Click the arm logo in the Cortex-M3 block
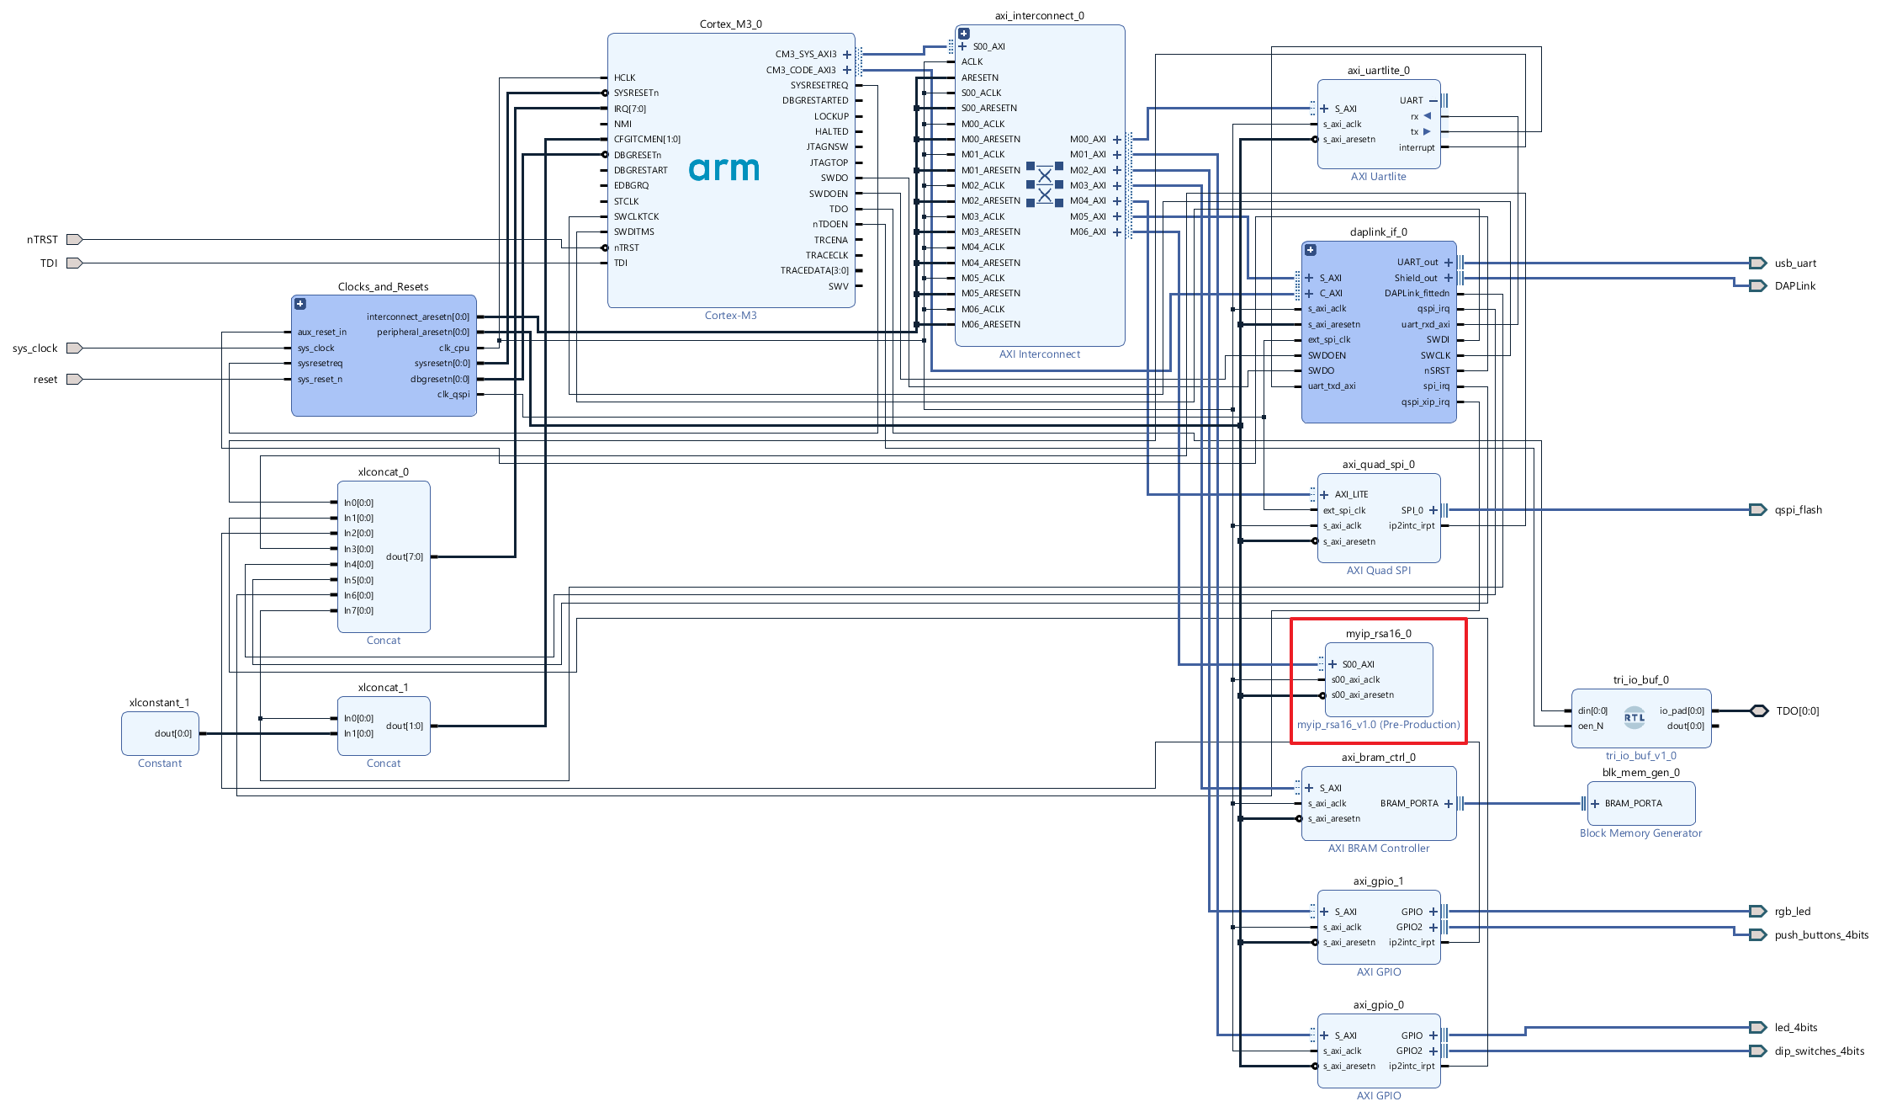click(x=723, y=169)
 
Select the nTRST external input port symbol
click(x=74, y=240)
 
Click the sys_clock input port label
click(x=35, y=348)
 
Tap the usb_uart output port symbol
click(x=1757, y=263)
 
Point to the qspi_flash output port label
click(x=1798, y=510)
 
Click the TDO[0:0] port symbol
click(x=1759, y=711)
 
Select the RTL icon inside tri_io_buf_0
click(x=1634, y=718)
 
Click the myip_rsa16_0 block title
click(x=1378, y=634)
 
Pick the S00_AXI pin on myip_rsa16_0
click(x=1358, y=665)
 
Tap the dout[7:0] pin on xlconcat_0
click(x=405, y=557)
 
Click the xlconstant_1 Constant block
click(x=160, y=733)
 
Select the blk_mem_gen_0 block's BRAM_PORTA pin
click(x=1633, y=804)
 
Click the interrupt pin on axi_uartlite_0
click(x=1417, y=148)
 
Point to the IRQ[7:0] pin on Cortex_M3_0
click(x=630, y=109)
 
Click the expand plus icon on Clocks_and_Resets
click(x=300, y=304)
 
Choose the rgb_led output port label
click(x=1792, y=912)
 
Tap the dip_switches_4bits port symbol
click(x=1757, y=1051)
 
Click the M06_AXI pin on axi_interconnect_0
click(x=1089, y=232)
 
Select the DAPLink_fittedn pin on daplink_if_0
click(x=1417, y=294)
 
